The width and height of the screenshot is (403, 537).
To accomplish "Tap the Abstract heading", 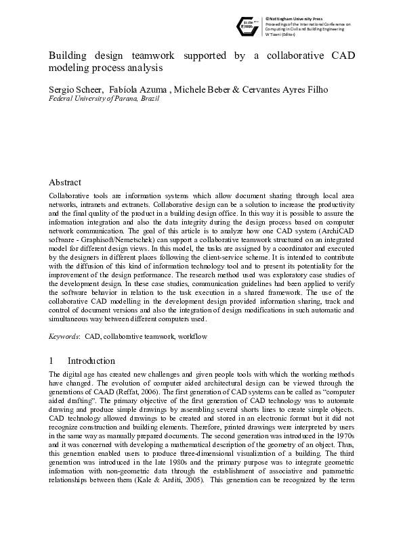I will [65, 183].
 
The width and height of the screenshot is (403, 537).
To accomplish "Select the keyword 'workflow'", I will [192, 336].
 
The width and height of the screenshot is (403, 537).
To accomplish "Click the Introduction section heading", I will [91, 361].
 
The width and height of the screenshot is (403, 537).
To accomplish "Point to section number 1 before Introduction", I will [52, 361].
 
